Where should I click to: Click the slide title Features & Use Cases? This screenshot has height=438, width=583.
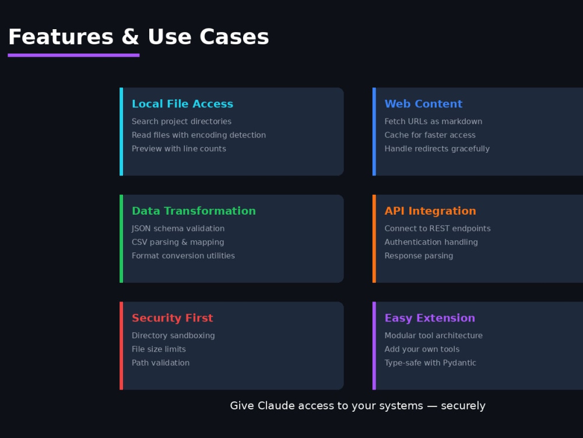tap(138, 37)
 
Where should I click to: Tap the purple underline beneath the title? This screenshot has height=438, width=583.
tap(73, 55)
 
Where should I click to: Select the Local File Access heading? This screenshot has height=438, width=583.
tap(182, 104)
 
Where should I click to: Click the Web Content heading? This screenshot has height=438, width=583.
tap(423, 104)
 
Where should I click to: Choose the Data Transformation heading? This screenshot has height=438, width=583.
tap(194, 211)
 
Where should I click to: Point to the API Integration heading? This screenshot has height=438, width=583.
tap(430, 211)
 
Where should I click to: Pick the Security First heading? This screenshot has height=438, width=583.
tap(173, 318)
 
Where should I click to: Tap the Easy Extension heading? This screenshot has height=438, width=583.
tap(430, 318)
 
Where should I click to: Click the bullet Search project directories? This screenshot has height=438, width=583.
tap(181, 121)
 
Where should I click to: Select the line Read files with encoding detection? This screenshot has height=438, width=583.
tap(199, 135)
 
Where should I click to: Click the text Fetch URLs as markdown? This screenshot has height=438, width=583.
tap(433, 121)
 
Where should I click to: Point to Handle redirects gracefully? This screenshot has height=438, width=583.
tap(437, 149)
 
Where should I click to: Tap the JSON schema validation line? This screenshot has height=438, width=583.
tap(178, 228)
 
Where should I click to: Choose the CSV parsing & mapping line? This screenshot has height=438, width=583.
tap(178, 242)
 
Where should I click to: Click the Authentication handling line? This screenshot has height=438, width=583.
tap(431, 242)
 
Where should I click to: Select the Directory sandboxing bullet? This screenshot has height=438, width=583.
tap(173, 335)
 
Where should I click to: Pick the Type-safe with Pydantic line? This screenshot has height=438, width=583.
tap(430, 363)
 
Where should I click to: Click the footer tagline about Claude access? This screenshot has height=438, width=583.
tap(358, 406)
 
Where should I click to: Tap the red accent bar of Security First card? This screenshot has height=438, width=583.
tap(121, 346)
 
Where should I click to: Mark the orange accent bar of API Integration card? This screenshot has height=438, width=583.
tap(374, 239)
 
